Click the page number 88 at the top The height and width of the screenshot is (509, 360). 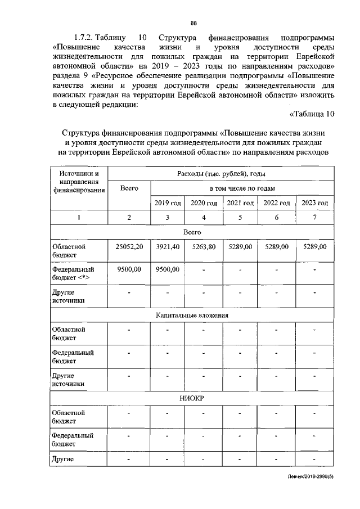pyautogui.click(x=193, y=22)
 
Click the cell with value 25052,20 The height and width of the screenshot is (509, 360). pyautogui.click(x=129, y=247)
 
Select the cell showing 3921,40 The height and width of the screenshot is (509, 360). pyautogui.click(x=166, y=247)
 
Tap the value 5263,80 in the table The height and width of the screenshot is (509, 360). pyautogui.click(x=204, y=247)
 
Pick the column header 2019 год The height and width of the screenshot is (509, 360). pyautogui.click(x=166, y=203)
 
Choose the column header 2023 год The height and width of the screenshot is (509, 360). pyautogui.click(x=315, y=203)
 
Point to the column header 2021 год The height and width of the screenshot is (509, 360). pyautogui.click(x=240, y=203)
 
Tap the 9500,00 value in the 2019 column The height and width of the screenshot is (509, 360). pyautogui.click(x=166, y=270)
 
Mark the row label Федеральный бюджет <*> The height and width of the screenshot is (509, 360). pyautogui.click(x=72, y=274)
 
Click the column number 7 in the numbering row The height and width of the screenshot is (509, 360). pyautogui.click(x=315, y=218)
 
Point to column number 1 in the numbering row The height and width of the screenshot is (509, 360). pyautogui.click(x=79, y=218)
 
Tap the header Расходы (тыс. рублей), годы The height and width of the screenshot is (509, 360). pyautogui.click(x=221, y=174)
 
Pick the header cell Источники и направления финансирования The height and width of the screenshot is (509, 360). pyautogui.click(x=79, y=182)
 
